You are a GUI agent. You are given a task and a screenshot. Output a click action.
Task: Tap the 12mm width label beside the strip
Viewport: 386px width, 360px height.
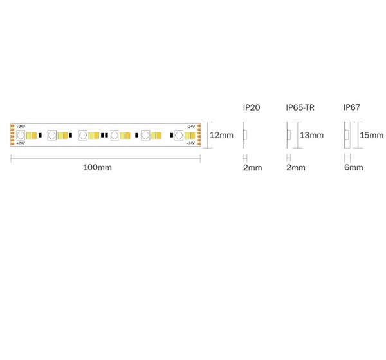click(222, 135)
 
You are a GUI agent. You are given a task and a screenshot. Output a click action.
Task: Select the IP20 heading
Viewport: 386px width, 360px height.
click(251, 107)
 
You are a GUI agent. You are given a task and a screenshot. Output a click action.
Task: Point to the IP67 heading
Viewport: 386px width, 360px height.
click(352, 107)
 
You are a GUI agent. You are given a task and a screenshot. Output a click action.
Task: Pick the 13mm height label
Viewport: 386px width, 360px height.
click(312, 135)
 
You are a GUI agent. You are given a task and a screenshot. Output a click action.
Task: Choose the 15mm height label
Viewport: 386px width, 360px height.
click(372, 135)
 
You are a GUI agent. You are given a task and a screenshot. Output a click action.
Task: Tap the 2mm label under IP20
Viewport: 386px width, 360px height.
click(252, 168)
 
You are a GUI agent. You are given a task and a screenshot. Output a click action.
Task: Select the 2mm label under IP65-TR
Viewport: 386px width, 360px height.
click(295, 168)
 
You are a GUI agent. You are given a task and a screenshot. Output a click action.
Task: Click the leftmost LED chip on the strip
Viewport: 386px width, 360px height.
click(21, 135)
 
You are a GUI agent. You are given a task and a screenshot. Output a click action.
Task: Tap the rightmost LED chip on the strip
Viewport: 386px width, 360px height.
click(179, 135)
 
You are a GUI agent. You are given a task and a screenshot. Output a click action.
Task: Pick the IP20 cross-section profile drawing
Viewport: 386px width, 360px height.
click(244, 135)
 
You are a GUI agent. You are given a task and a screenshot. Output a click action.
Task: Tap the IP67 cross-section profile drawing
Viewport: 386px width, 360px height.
click(347, 135)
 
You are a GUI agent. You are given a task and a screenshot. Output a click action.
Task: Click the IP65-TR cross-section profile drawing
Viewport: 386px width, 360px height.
click(289, 135)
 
